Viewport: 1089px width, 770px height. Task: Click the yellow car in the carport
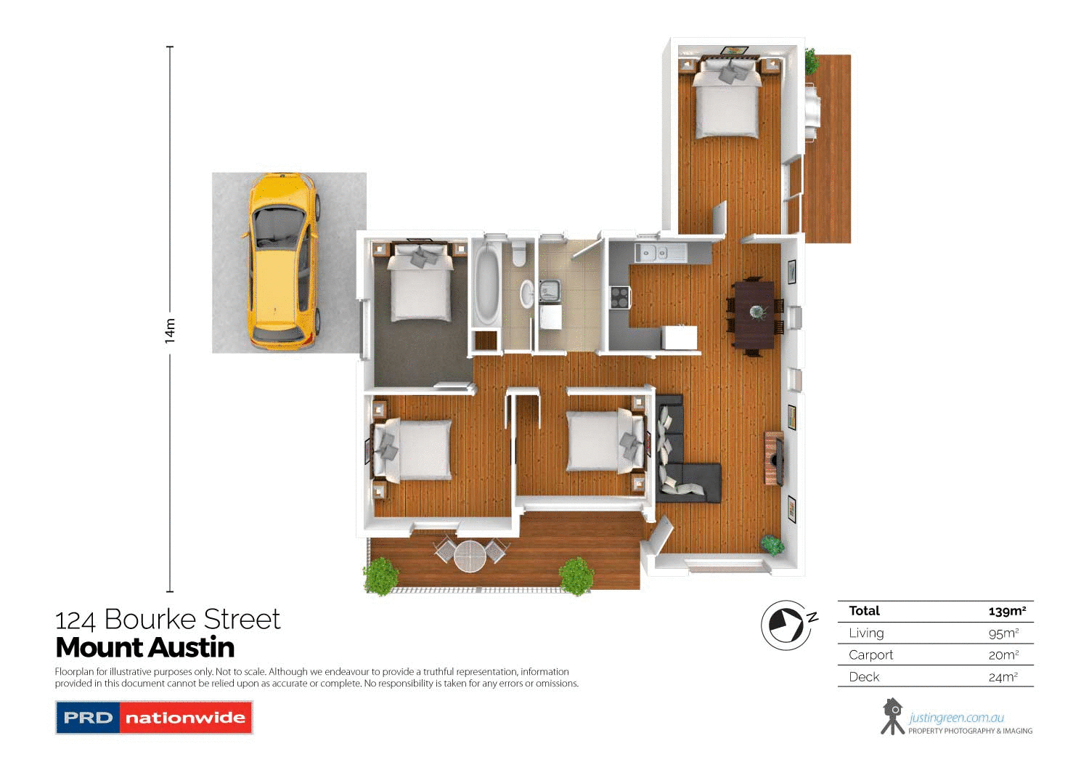(x=283, y=262)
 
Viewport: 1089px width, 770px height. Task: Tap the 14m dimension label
(x=170, y=331)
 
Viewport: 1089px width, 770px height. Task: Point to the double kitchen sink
(x=653, y=254)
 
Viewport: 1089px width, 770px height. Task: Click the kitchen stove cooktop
(x=619, y=296)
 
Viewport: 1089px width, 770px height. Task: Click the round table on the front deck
(x=470, y=556)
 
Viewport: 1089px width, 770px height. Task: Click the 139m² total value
(x=1007, y=611)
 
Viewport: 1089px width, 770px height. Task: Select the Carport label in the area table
(x=870, y=654)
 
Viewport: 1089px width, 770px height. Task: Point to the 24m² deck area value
(x=1003, y=677)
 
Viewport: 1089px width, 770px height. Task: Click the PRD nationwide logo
(x=154, y=718)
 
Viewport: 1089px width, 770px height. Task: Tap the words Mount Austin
(x=145, y=647)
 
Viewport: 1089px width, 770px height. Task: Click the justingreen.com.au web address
(x=956, y=718)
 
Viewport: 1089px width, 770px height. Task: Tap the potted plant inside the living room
(x=772, y=544)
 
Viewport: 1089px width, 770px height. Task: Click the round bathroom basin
(x=526, y=293)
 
